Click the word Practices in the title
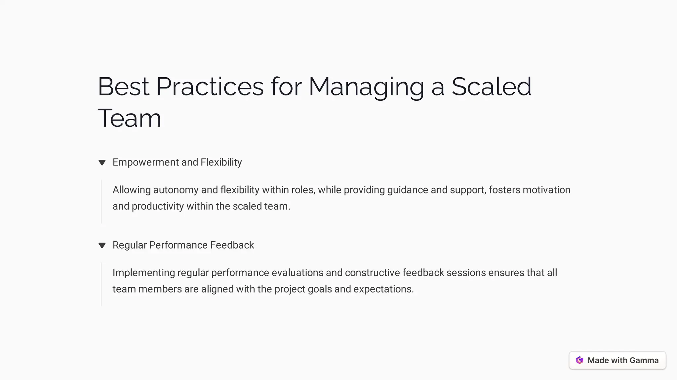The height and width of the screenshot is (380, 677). pos(210,87)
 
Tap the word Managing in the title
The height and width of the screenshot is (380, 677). pos(366,87)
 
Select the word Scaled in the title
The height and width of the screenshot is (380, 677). pos(491,87)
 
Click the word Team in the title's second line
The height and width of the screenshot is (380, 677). pos(129,118)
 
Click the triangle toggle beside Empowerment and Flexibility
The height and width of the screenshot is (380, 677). pos(102,162)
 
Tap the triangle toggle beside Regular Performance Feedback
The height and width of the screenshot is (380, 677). pos(102,245)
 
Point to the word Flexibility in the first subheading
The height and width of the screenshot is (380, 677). pos(221,162)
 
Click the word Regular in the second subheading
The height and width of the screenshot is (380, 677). pos(130,245)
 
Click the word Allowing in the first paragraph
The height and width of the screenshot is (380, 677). pos(132,190)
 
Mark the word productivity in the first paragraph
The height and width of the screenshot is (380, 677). pos(158,206)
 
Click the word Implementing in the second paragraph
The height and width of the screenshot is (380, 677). pos(144,273)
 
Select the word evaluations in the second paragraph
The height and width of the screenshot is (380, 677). pos(297,273)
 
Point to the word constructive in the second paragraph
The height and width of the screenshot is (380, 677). pos(372,273)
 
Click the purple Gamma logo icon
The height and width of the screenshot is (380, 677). pos(579,360)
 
